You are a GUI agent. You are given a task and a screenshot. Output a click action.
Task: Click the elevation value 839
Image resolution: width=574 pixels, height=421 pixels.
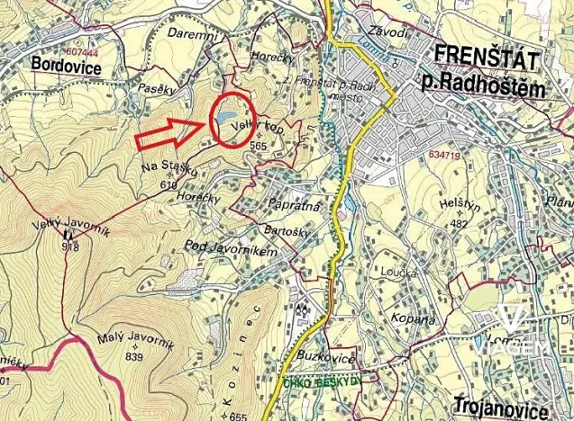(135, 357)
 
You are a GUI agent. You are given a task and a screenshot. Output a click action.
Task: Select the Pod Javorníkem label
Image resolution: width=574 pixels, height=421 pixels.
(229, 246)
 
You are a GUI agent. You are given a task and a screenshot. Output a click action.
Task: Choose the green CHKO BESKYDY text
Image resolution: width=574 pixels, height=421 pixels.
(320, 381)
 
